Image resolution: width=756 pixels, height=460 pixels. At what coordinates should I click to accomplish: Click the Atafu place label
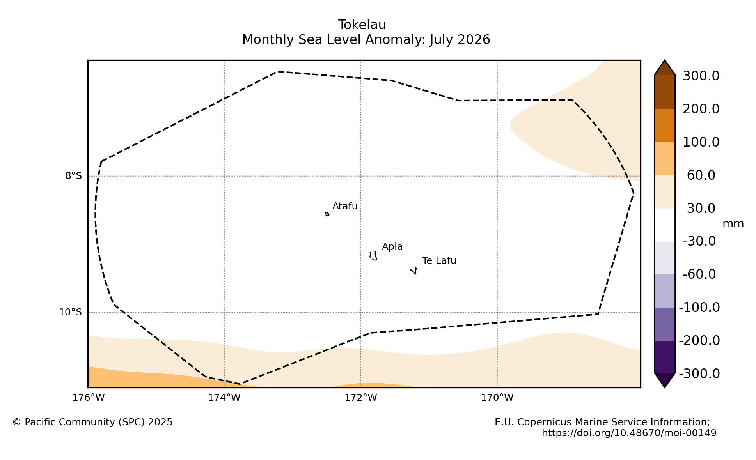pos(345,206)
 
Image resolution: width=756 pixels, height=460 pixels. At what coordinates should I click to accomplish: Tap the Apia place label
pos(392,247)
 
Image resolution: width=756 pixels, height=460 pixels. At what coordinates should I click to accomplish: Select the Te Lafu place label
pos(439,261)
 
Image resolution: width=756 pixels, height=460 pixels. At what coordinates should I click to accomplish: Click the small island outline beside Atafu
pos(327,214)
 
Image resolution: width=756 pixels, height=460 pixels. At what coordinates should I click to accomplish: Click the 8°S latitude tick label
pos(73,176)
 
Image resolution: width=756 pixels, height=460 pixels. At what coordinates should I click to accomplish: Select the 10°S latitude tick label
pos(70,312)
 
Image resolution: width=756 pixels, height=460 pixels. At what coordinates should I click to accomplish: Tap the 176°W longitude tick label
pos(89,398)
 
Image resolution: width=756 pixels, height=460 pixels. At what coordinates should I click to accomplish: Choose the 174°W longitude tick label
pos(224,398)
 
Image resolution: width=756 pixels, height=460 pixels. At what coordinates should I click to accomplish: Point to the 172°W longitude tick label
pos(361,398)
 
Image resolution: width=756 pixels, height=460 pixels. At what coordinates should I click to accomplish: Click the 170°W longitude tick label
pos(497,398)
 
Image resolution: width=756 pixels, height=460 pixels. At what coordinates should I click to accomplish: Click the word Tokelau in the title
pos(362,25)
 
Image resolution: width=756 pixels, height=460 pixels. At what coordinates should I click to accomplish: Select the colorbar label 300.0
pos(701,76)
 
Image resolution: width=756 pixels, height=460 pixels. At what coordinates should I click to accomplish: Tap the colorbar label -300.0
pos(699,374)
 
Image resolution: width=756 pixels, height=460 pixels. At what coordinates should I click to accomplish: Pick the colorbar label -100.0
pos(699,308)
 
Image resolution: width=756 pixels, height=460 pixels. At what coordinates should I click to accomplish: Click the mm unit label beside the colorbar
pos(733,224)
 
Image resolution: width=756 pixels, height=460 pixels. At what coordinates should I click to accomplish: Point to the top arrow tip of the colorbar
pos(665,60)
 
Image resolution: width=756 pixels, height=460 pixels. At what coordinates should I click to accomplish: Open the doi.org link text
pos(629,433)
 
